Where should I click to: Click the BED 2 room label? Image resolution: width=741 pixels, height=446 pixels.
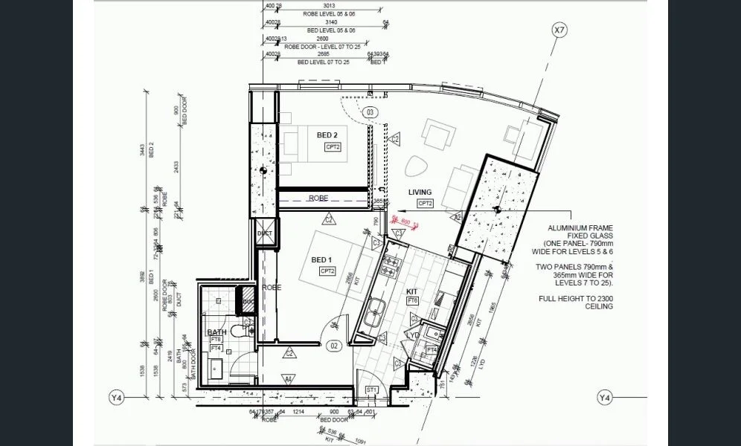(327, 135)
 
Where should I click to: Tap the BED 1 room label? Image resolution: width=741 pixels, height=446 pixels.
(321, 259)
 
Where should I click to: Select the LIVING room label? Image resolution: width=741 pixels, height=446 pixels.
(420, 192)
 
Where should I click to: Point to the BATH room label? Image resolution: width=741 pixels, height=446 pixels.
(216, 332)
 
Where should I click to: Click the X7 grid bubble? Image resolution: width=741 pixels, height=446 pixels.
(559, 30)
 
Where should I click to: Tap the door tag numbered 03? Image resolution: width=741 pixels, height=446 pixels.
(370, 112)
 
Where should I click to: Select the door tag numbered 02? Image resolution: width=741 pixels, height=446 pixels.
(334, 346)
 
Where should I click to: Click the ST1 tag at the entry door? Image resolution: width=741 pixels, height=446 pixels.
(372, 390)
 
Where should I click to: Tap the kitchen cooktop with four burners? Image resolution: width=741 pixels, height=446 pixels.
(390, 265)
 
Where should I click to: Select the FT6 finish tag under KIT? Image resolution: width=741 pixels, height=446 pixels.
(412, 300)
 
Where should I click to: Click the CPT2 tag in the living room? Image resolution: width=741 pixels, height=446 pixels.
(425, 203)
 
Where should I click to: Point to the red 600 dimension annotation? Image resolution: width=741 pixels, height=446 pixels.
(405, 221)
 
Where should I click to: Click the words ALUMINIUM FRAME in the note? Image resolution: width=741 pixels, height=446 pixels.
(579, 227)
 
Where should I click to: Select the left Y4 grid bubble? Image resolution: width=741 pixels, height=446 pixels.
(116, 398)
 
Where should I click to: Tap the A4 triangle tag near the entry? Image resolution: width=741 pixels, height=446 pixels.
(289, 378)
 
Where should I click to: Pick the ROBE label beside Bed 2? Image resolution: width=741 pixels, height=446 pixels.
(318, 198)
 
